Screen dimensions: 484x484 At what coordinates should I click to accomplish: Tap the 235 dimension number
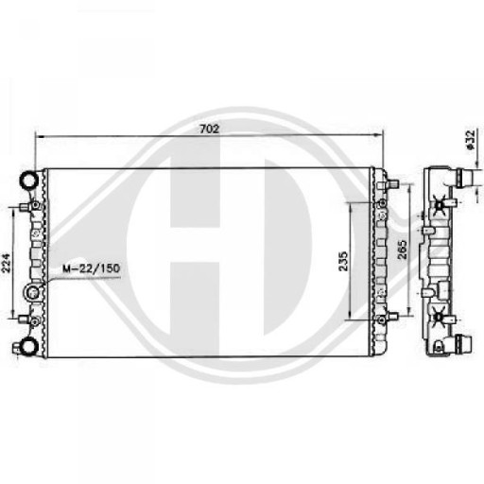[x=344, y=260]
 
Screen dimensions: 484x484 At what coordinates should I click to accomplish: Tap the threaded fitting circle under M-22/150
[x=35, y=294]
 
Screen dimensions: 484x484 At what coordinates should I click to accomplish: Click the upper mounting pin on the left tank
[x=35, y=205]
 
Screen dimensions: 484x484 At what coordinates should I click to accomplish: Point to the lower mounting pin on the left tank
[x=35, y=318]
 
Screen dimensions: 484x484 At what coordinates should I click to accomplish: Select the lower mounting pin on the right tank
[x=381, y=320]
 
